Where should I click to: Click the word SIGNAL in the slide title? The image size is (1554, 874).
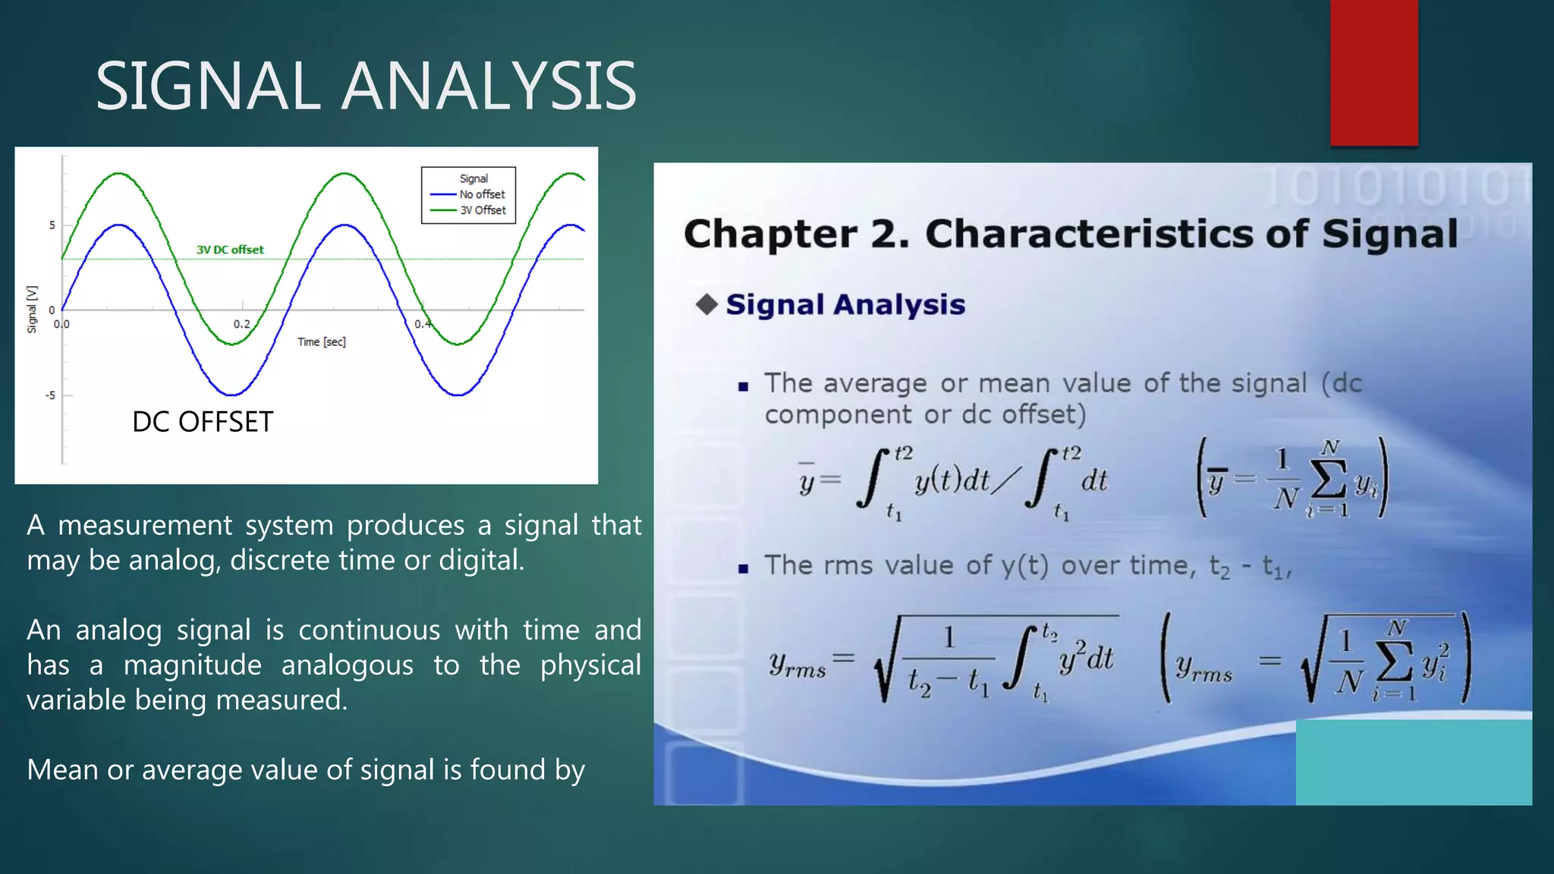click(207, 86)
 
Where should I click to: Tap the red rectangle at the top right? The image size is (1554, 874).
click(1373, 72)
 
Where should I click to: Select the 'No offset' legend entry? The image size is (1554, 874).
click(481, 194)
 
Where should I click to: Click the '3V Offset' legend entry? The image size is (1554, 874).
click(483, 210)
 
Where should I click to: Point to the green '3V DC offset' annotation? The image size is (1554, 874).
click(230, 250)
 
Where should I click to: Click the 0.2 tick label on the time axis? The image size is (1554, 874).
click(241, 324)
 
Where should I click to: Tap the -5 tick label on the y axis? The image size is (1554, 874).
click(50, 395)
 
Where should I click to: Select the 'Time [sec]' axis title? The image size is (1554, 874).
click(321, 342)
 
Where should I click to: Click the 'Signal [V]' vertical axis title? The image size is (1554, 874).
click(32, 309)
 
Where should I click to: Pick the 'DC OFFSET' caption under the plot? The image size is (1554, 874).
click(202, 422)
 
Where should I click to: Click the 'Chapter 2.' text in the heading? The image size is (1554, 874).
click(795, 234)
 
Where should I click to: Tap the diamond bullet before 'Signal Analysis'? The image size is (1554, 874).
click(706, 305)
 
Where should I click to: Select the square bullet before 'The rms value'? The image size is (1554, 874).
click(743, 568)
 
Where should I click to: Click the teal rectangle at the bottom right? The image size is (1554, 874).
click(1413, 762)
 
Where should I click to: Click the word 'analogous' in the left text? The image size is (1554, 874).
click(347, 665)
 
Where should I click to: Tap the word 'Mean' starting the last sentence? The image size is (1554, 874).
click(62, 770)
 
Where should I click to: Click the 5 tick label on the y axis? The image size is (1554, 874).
click(52, 225)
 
